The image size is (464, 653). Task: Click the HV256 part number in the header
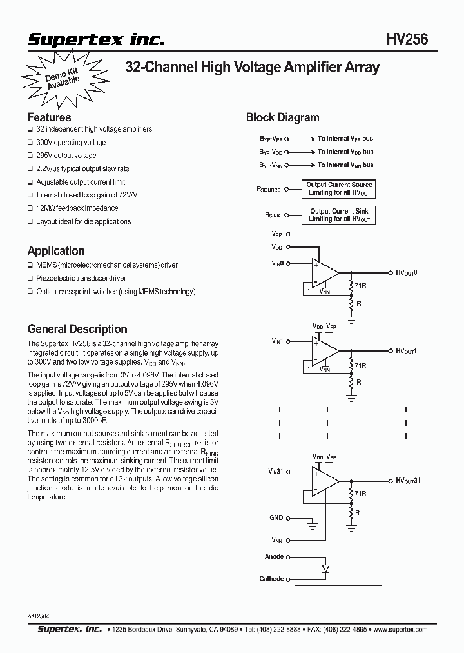tap(407, 39)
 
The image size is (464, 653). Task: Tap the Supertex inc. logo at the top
tap(96, 40)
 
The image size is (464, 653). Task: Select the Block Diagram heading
tap(282, 117)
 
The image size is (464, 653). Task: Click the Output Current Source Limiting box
tap(339, 188)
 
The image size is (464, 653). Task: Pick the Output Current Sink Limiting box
tap(339, 215)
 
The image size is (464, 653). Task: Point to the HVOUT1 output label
tap(407, 350)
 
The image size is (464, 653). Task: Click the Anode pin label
tap(273, 556)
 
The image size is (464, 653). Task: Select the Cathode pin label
tap(271, 579)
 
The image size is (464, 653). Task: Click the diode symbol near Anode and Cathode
tap(326, 568)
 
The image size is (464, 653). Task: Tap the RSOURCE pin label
tap(269, 189)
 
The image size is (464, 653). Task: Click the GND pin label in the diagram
tap(276, 517)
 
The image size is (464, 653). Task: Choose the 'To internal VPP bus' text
tap(345, 139)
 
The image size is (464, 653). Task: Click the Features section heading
tap(49, 117)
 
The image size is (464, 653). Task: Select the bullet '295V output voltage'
tap(66, 156)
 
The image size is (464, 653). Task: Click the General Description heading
tap(77, 328)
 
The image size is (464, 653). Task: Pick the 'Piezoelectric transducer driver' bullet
tap(81, 278)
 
